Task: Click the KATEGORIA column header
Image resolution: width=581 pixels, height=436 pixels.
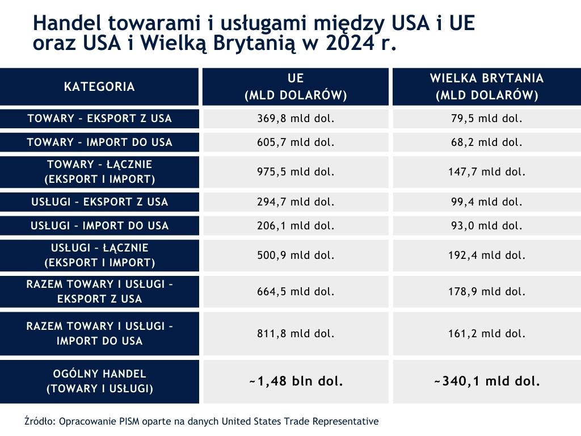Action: [99, 87]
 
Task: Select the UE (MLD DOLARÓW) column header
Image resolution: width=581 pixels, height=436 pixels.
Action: [296, 87]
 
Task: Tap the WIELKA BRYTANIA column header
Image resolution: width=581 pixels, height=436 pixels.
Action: [486, 87]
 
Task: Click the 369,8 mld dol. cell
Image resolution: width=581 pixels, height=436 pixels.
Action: [296, 119]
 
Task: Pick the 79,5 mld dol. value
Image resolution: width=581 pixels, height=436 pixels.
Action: [486, 119]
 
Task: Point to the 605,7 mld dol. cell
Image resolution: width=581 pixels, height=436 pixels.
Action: [296, 142]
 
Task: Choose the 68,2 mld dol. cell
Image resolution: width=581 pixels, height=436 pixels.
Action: [486, 142]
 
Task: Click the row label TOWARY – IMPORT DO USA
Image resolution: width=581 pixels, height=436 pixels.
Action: [99, 142]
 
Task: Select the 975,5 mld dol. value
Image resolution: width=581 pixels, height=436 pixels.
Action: [296, 171]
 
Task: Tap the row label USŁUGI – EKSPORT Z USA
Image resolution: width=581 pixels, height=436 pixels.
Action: [99, 202]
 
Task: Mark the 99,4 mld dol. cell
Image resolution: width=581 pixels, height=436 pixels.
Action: [486, 202]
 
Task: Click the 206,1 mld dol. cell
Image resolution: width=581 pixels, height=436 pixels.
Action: [296, 225]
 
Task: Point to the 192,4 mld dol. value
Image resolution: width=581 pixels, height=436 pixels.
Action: [486, 255]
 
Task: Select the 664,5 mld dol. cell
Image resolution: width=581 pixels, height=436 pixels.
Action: [296, 291]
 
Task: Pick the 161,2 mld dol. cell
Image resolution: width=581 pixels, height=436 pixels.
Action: [486, 333]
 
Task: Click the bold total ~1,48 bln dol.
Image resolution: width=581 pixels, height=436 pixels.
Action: [296, 381]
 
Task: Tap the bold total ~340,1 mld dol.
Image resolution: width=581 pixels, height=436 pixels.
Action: [486, 381]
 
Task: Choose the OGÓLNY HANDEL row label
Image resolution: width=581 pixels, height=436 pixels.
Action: [99, 381]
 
